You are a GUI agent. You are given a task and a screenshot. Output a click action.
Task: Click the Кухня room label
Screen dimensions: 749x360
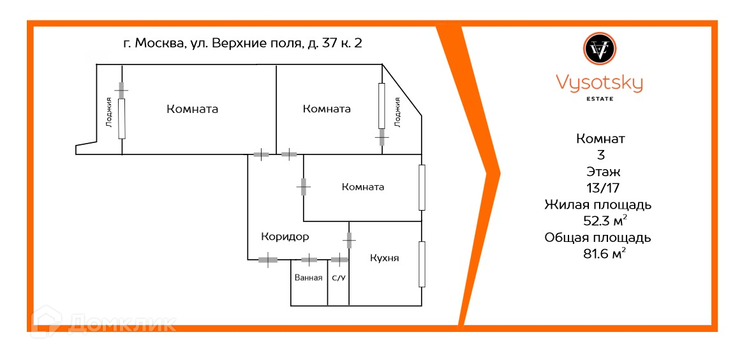coord(384,258)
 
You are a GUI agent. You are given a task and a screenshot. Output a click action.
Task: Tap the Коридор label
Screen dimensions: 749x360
coord(285,237)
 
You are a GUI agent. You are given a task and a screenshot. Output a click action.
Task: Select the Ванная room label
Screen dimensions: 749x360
coord(308,278)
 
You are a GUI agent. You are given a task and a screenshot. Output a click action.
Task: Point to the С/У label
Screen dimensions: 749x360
coord(338,278)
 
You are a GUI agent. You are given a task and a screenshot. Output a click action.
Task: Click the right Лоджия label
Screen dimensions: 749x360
coord(397,112)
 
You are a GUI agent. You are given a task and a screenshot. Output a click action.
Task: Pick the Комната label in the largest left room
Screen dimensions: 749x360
coord(192,109)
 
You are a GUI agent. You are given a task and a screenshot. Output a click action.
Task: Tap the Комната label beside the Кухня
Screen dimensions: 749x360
coord(362,187)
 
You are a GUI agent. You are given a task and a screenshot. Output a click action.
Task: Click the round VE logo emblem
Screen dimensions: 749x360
coord(599,48)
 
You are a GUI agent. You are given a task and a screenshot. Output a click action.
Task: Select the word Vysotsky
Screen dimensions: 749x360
coord(599,83)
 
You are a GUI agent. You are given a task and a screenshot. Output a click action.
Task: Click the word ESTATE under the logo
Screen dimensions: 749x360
coord(599,98)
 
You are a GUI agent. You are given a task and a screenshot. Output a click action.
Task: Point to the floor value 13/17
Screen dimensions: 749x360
coord(599,188)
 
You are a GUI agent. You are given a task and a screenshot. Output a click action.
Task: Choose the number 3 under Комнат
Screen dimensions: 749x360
coord(599,154)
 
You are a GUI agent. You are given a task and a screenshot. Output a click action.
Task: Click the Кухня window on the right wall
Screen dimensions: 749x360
coord(421,264)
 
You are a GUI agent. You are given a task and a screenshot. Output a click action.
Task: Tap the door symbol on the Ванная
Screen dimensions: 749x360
coord(309,260)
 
